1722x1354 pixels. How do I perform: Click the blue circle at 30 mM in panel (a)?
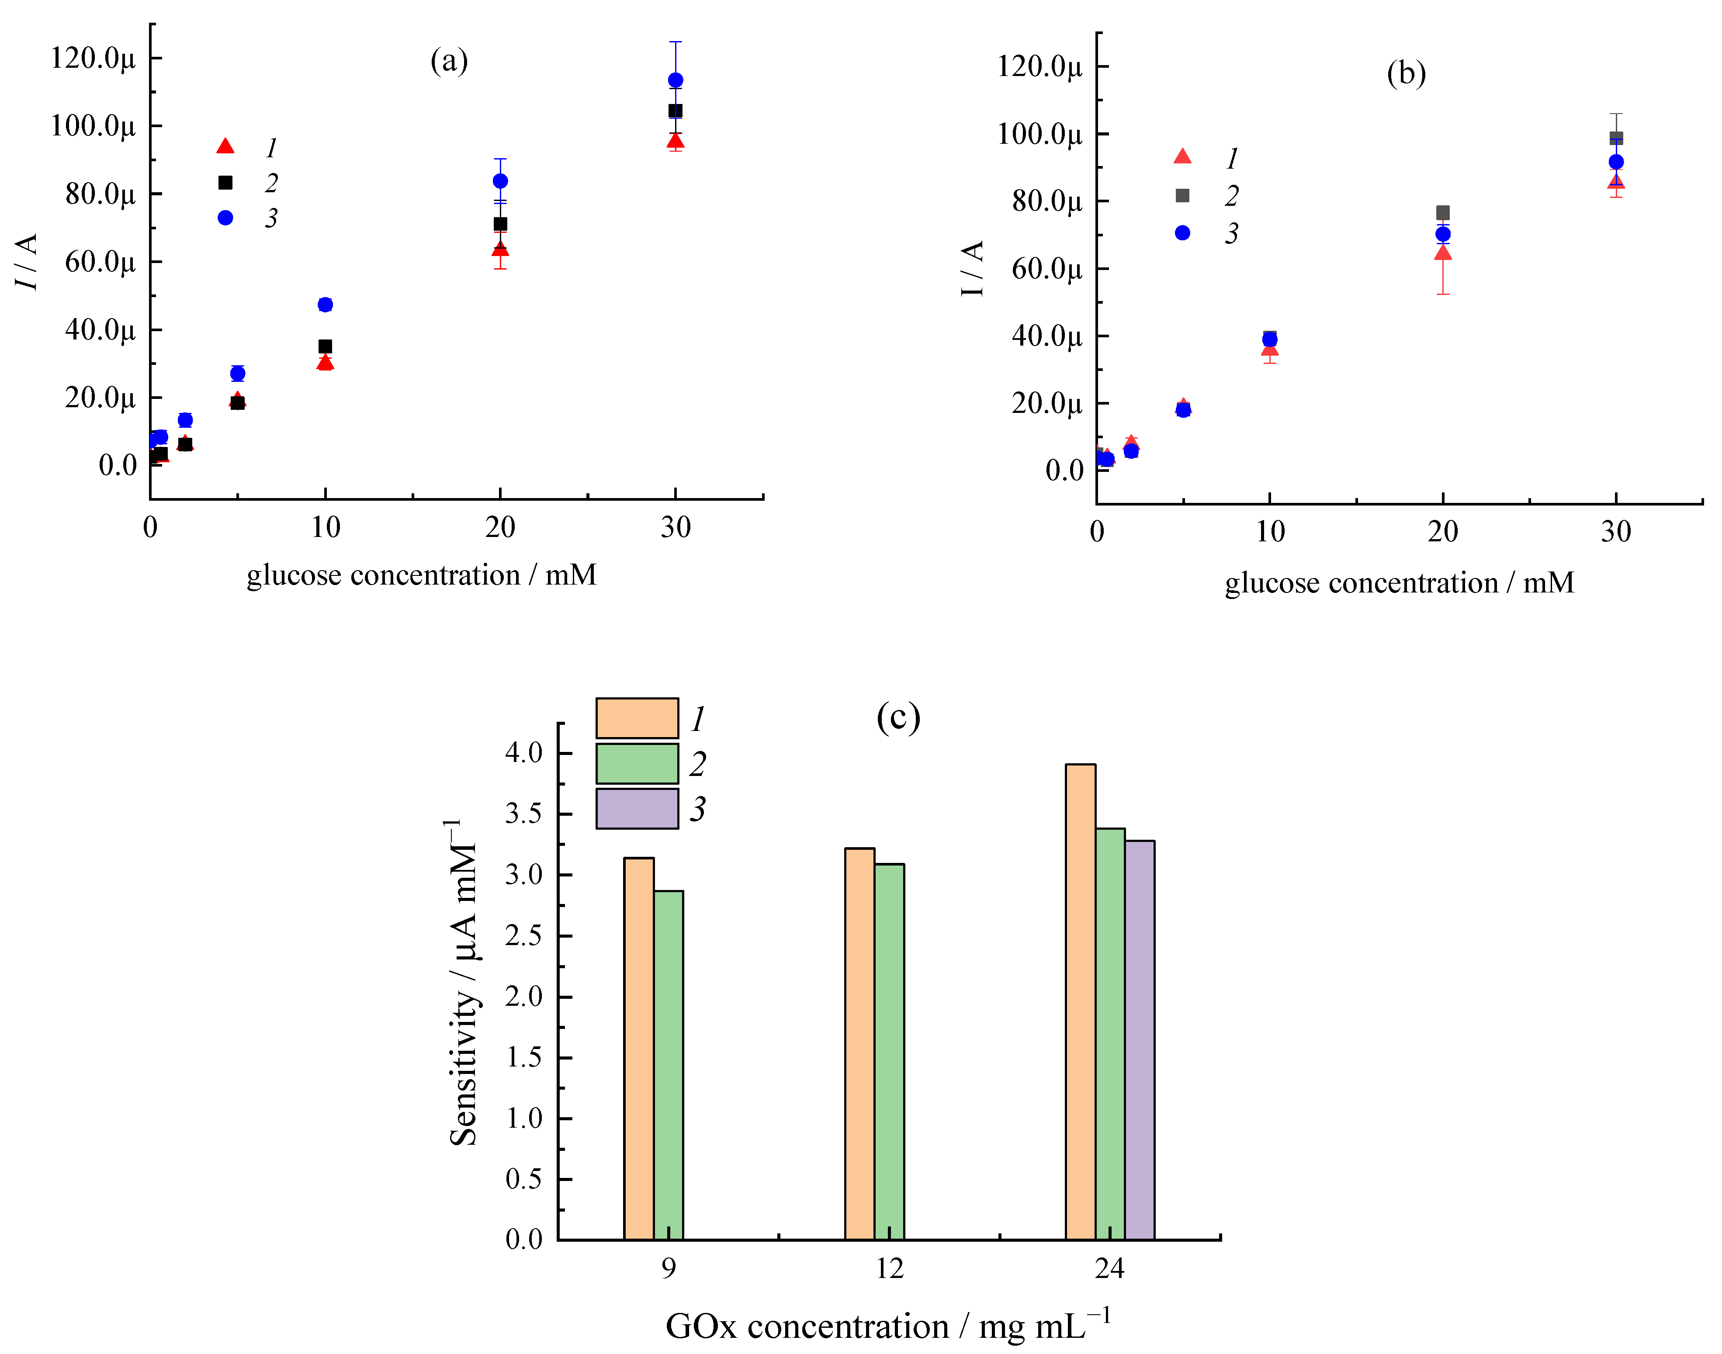pyautogui.click(x=676, y=80)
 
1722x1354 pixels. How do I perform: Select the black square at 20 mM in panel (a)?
pyautogui.click(x=500, y=224)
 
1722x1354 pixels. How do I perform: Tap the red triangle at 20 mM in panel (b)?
pyautogui.click(x=1443, y=253)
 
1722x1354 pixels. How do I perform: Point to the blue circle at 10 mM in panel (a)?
pyautogui.click(x=325, y=305)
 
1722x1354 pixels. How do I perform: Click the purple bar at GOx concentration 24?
pyautogui.click(x=1139, y=1039)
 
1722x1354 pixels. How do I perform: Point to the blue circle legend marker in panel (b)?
pyautogui.click(x=1182, y=232)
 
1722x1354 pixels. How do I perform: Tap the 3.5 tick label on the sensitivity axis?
pyautogui.click(x=523, y=814)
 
